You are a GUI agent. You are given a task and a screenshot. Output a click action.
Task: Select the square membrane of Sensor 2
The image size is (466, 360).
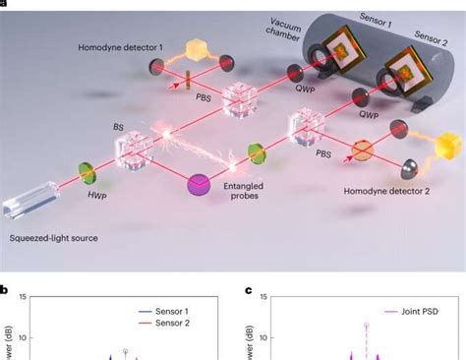404,72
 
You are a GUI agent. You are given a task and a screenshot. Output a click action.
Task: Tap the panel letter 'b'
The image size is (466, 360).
6,290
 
